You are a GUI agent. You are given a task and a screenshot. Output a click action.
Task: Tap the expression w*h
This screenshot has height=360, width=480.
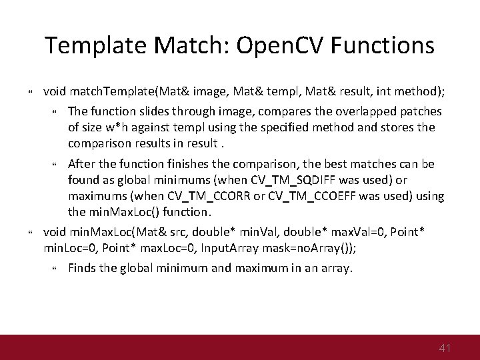point(124,127)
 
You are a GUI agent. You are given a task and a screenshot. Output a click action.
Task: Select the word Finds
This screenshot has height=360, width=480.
point(83,269)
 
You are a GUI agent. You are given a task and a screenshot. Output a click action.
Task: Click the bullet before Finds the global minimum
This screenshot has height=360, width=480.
point(55,269)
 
